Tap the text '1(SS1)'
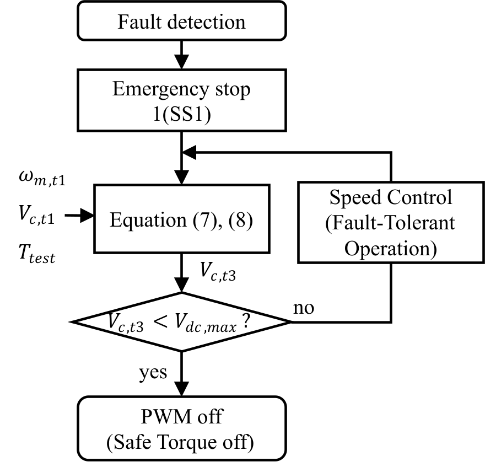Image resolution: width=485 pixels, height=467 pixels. pos(181,116)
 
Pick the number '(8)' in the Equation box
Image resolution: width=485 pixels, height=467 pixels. pos(240,220)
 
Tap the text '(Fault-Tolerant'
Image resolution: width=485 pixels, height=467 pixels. pos(390,223)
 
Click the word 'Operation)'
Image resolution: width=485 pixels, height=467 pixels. pos(390,248)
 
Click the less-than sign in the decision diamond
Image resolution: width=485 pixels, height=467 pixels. pos(160,321)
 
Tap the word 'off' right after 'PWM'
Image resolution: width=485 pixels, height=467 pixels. pos(210,416)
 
